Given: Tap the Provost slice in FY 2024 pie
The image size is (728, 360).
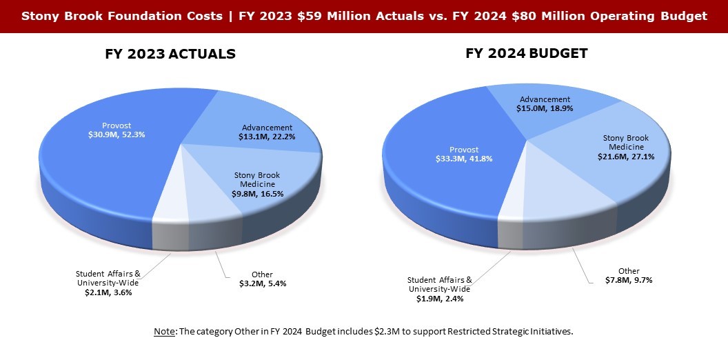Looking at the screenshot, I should coord(441,179).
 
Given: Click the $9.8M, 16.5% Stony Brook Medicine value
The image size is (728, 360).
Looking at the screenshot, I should coord(257,194).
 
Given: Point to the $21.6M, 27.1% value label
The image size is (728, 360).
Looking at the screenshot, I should coord(626,157).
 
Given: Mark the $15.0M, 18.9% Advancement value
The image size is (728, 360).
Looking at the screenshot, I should coord(545,108).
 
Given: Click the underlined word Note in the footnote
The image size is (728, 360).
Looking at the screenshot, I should coord(164,332).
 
